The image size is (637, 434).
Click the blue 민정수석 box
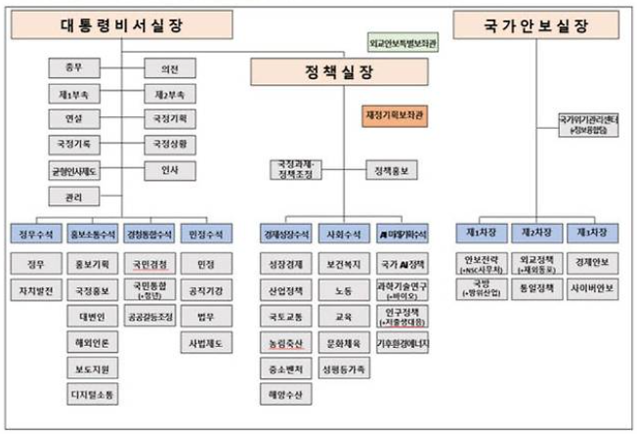pyautogui.click(x=206, y=234)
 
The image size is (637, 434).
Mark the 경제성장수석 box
pyautogui.click(x=286, y=234)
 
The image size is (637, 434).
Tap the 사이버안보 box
pyautogui.click(x=593, y=289)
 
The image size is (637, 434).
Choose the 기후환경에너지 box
pyautogui.click(x=402, y=343)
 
